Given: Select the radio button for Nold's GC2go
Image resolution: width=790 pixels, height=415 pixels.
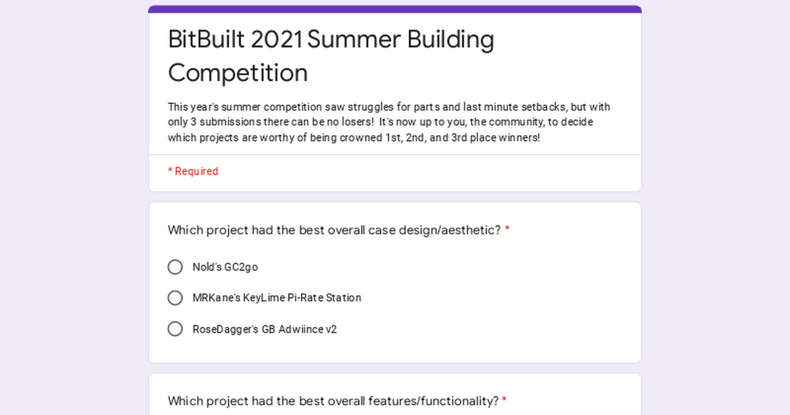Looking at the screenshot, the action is click(175, 267).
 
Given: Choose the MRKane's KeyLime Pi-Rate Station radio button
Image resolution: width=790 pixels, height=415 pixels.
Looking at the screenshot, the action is click(175, 298).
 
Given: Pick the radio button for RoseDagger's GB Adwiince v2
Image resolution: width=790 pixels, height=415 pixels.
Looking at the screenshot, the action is click(175, 329).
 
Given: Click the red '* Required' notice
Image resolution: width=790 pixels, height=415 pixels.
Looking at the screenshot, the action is click(193, 171).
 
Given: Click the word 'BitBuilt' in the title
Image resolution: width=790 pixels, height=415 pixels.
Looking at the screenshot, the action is click(206, 39).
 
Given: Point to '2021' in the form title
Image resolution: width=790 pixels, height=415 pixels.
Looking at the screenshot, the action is click(276, 39).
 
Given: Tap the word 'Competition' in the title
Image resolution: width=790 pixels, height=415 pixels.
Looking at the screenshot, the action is click(238, 73).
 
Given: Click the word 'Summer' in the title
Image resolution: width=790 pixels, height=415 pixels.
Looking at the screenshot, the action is click(354, 39).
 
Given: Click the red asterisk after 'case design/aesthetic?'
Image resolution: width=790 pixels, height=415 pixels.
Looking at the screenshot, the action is click(507, 229).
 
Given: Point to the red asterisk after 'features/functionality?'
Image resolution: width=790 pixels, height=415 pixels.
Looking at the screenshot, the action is click(504, 399).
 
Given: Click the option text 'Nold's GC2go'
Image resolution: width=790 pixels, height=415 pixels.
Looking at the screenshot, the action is click(225, 267).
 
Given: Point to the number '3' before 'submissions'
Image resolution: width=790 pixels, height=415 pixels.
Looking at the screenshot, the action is click(194, 122).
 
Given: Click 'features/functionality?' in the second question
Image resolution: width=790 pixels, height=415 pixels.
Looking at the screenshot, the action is click(433, 401).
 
